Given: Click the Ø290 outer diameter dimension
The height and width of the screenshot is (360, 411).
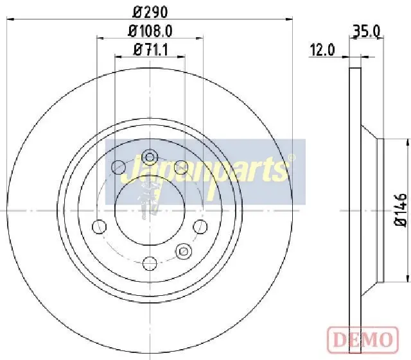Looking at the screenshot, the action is [150, 12].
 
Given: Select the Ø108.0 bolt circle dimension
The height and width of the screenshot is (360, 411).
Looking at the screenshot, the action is [150, 31].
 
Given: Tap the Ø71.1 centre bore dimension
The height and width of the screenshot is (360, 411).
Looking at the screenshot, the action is [150, 49].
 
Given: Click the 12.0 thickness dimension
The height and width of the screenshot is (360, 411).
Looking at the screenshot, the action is [322, 50].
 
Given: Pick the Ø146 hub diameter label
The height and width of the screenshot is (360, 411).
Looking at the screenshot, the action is [400, 210].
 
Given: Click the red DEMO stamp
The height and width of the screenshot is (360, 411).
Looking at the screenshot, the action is [363, 339].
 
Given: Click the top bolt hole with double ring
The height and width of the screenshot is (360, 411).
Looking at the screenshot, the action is [150, 157].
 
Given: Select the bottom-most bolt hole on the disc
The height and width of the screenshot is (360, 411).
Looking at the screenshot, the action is [150, 264].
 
